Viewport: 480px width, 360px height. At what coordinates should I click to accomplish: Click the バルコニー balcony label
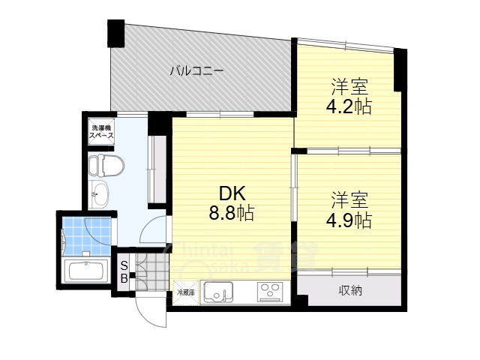[196, 72]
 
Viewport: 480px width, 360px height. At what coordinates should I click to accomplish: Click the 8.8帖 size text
[231, 214]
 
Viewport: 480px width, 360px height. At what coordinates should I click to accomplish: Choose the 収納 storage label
[349, 289]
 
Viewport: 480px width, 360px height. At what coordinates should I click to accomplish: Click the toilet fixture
[100, 165]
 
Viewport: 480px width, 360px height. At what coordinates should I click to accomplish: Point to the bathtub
[85, 271]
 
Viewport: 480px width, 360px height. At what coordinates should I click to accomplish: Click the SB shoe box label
[124, 271]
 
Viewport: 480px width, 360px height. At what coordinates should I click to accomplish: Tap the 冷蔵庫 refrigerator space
[186, 292]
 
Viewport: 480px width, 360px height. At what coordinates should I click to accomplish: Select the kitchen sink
[217, 292]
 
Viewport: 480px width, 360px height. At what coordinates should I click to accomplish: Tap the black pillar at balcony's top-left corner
[115, 33]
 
